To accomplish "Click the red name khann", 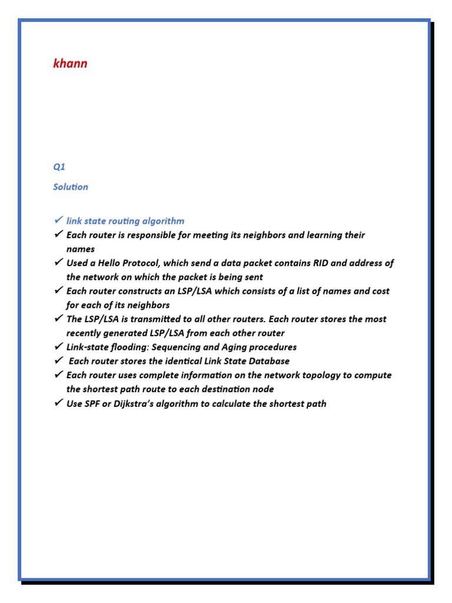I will [70, 64].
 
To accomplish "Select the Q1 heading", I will [59, 167].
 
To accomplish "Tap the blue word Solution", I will [71, 187].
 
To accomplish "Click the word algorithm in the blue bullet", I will [163, 221].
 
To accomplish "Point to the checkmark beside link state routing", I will [58, 220].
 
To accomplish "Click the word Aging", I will [237, 347].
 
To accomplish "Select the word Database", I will [268, 361].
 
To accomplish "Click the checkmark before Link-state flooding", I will [58, 346].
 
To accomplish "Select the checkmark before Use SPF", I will [58, 403].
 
